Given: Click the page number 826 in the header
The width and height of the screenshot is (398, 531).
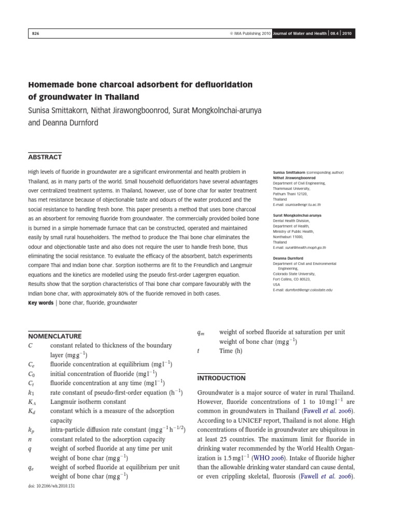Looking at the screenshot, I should tap(36, 33).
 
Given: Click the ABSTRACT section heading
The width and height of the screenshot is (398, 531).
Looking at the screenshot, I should tap(45, 157).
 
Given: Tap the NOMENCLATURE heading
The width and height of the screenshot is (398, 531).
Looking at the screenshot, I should tap(54, 336).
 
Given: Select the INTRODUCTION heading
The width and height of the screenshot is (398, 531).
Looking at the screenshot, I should tap(221, 378).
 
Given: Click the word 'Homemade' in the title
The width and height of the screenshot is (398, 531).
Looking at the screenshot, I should tap(53, 85).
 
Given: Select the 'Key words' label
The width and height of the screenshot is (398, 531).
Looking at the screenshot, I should tap(40, 303).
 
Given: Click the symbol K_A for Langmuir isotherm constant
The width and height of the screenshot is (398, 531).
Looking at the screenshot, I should tap(32, 401).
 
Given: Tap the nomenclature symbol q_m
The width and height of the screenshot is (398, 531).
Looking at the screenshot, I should tap(201, 332).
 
